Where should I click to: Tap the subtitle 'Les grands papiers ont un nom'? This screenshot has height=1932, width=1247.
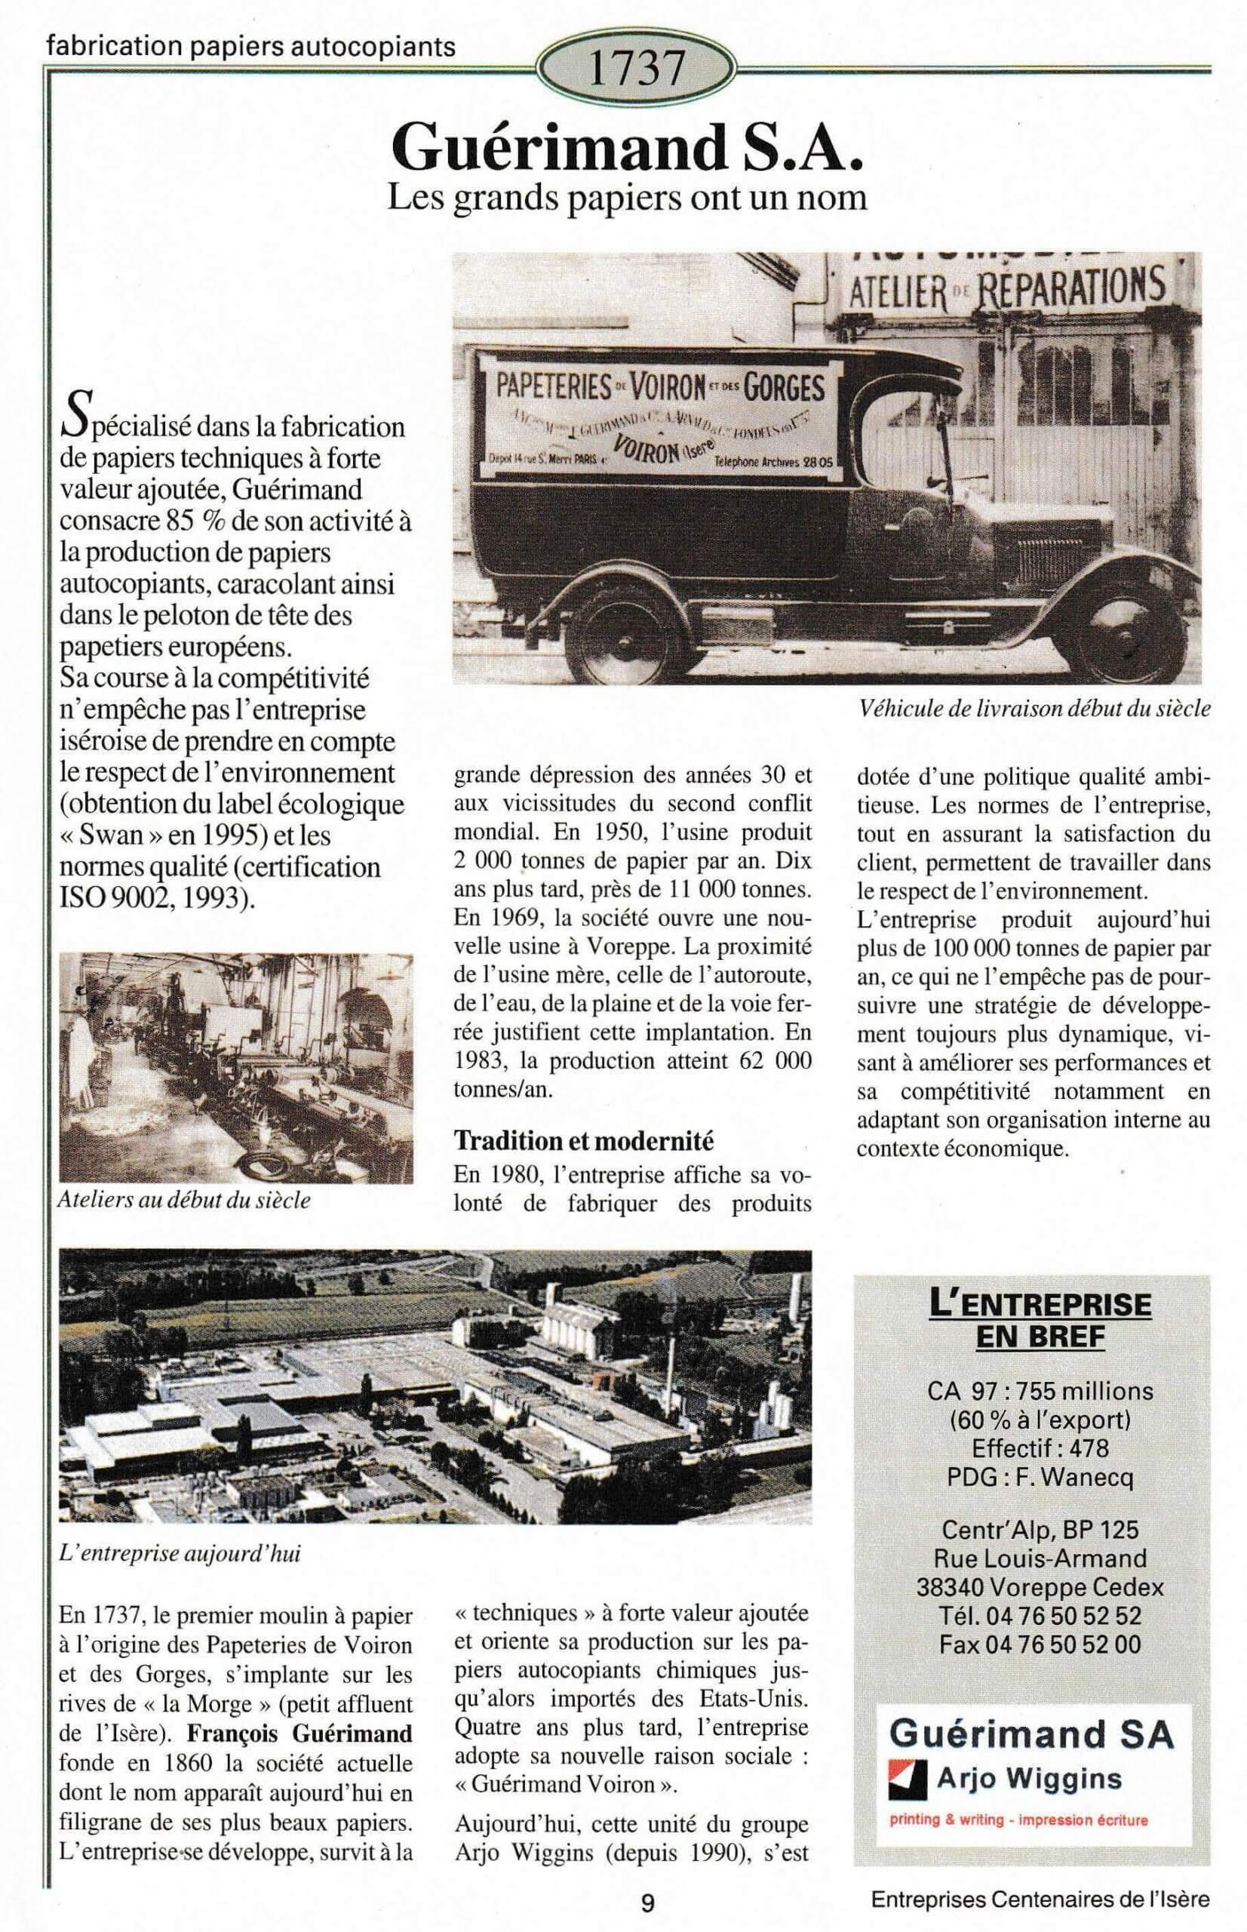627,198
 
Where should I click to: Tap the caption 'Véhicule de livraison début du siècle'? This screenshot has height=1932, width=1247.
1035,709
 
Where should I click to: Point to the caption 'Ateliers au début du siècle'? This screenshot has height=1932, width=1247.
184,1200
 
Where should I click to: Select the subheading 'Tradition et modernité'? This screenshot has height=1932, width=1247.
583,1140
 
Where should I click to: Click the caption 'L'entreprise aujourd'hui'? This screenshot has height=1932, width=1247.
180,1554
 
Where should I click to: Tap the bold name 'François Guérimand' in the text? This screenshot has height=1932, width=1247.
299,1734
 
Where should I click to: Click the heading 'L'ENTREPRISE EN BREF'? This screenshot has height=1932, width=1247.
1040,1318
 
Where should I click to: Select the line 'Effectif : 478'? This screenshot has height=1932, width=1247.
1040,1447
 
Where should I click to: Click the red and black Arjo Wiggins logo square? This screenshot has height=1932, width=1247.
907,1780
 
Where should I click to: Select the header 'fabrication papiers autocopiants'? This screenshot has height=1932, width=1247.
251,48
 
